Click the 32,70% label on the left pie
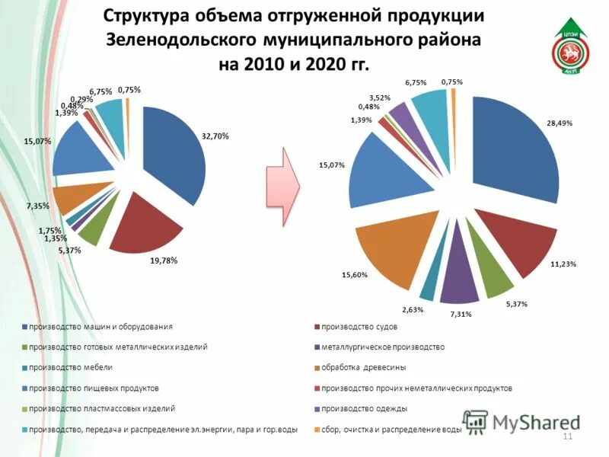point(215,136)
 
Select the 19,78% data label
point(164,260)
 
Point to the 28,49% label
point(560,123)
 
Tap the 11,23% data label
point(563,264)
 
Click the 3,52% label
point(380,97)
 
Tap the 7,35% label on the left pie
point(38,206)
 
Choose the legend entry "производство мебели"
point(68,367)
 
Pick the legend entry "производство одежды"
point(359,408)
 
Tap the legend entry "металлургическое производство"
point(383,347)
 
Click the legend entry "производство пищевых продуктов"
point(94,388)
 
